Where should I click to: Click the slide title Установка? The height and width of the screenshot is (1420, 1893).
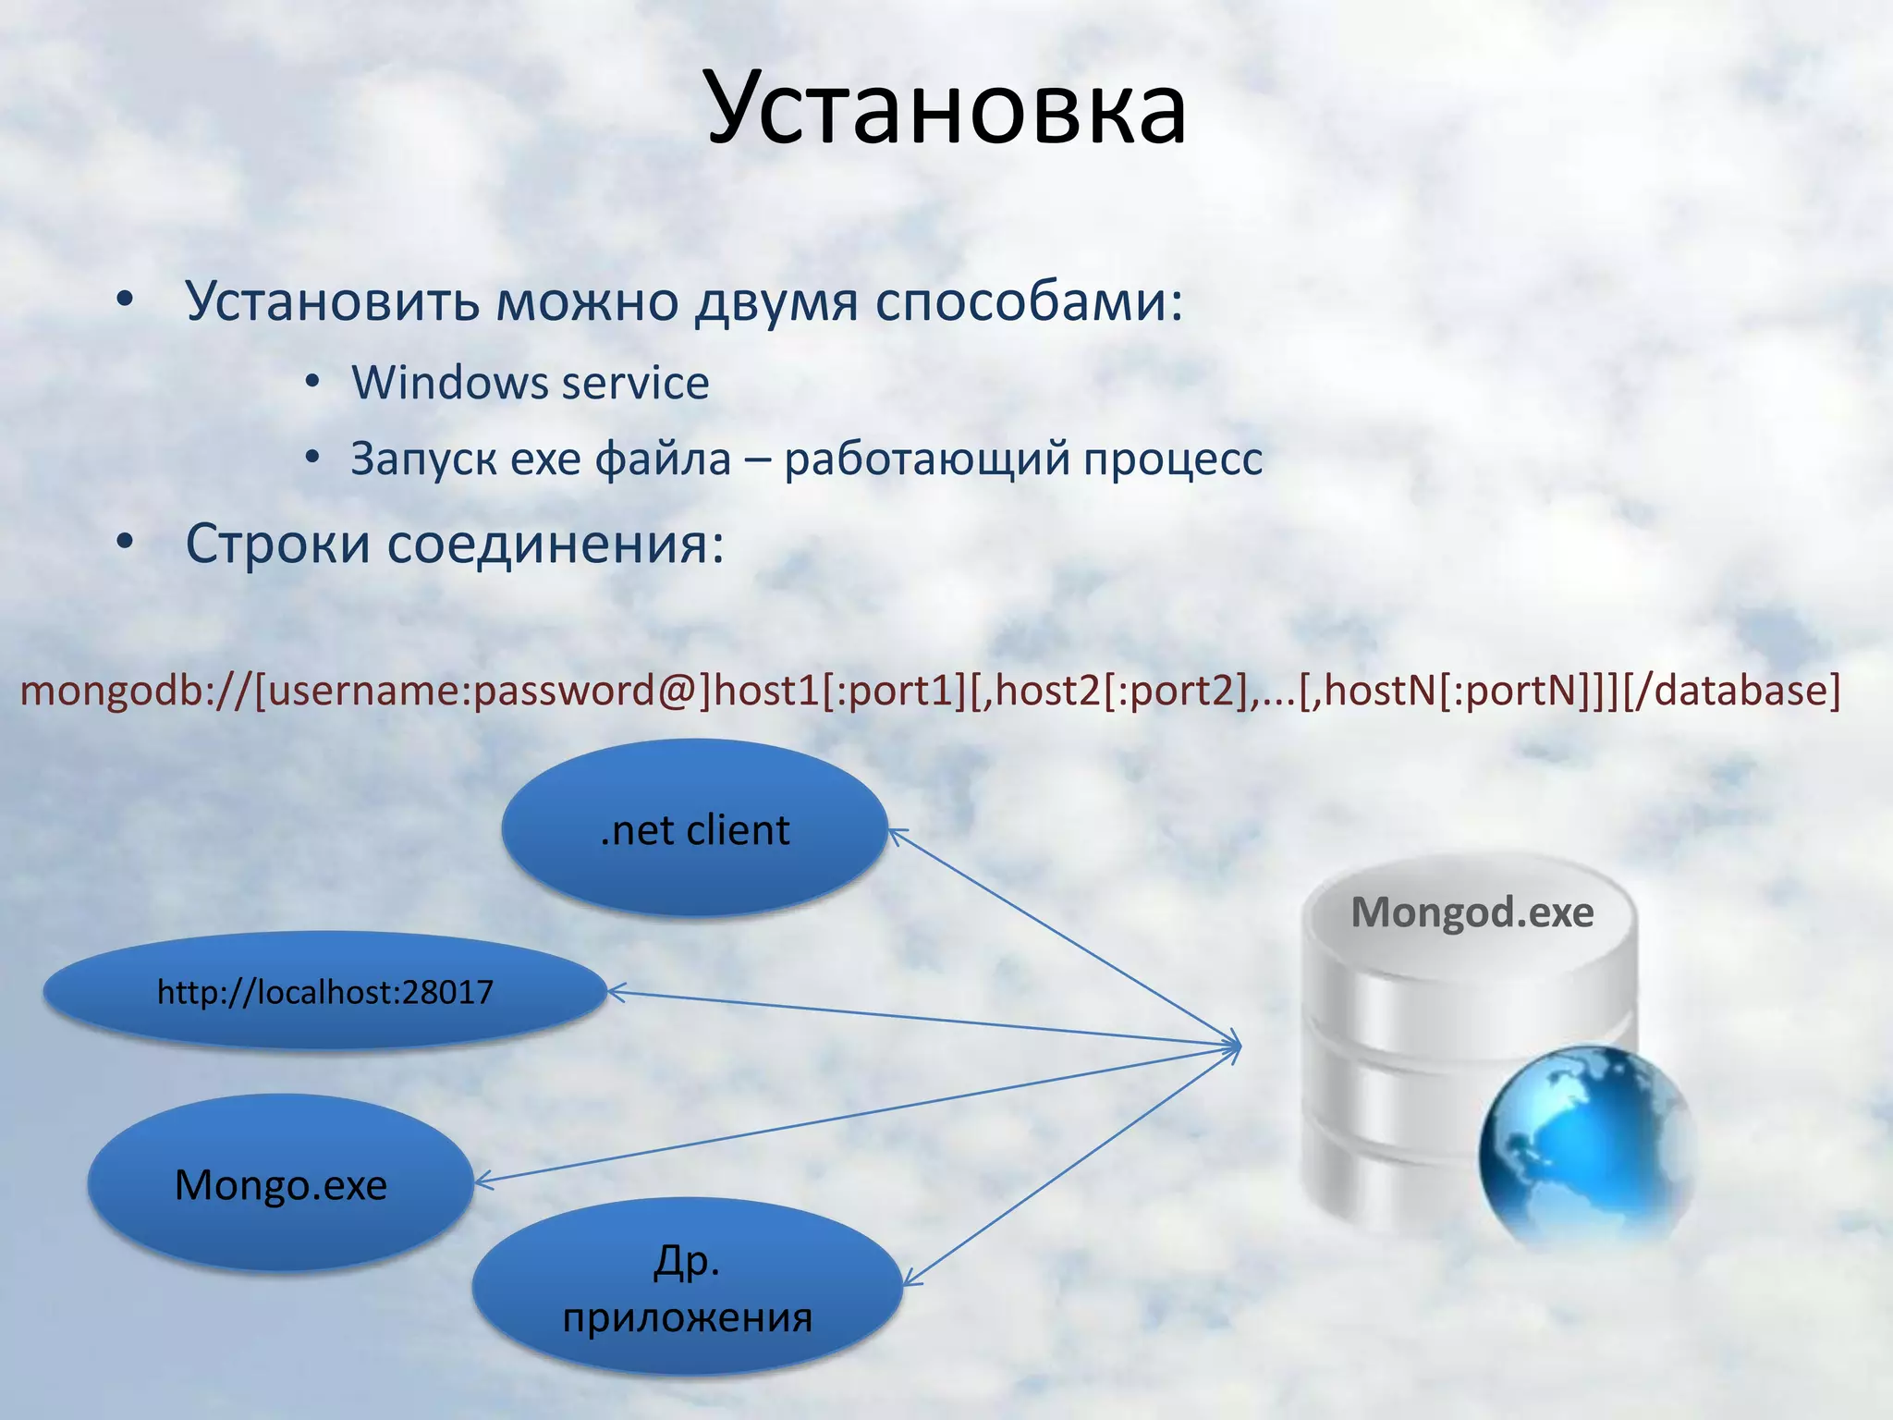[x=946, y=109]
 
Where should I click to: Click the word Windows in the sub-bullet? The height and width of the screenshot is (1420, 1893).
[x=449, y=383]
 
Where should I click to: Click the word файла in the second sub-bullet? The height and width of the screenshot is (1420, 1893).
[x=663, y=459]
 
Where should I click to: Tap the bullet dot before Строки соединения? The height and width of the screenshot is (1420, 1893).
[x=125, y=543]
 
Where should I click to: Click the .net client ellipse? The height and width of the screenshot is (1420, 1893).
[x=695, y=828]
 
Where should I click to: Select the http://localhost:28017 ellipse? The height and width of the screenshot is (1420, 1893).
[x=324, y=992]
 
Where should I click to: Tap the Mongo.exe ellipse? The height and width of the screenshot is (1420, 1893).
[x=281, y=1184]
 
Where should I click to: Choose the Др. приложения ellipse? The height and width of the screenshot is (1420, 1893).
[x=687, y=1287]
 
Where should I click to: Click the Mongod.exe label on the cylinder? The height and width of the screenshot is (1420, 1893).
[x=1472, y=912]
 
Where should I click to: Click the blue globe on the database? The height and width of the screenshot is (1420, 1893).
[x=1586, y=1146]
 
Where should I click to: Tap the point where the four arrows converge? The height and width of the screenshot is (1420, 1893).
[x=1237, y=1047]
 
